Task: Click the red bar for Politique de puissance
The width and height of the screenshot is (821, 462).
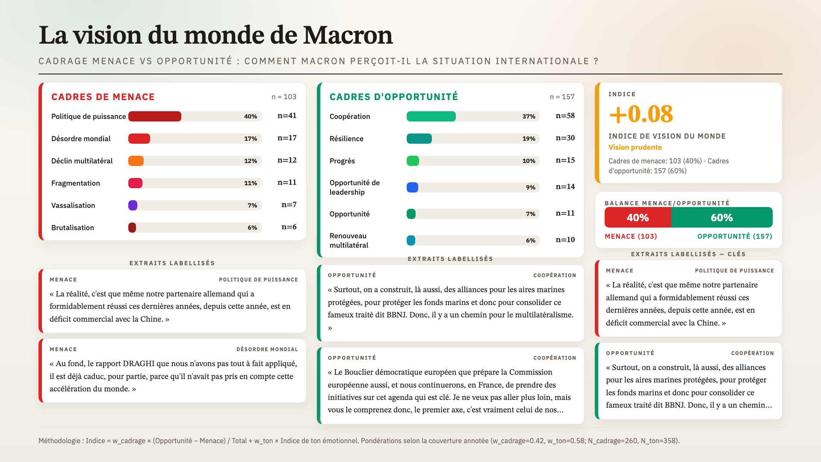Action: click(x=155, y=116)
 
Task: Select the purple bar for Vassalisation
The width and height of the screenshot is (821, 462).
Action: click(x=133, y=205)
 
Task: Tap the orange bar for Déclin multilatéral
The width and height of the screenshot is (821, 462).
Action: click(x=136, y=161)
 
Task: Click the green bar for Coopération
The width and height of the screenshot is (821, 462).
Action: click(x=431, y=116)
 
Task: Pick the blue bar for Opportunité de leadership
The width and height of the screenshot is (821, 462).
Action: click(x=412, y=187)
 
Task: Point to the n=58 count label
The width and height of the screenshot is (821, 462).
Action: click(x=565, y=115)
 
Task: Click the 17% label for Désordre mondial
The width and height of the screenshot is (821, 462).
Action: click(x=251, y=139)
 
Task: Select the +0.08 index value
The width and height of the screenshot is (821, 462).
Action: click(x=641, y=114)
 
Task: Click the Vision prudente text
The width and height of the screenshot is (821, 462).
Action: click(x=635, y=147)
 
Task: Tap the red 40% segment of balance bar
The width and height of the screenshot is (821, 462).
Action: click(x=638, y=217)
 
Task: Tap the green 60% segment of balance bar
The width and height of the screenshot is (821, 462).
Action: click(x=722, y=217)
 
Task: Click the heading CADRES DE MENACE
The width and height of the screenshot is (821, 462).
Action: click(x=103, y=97)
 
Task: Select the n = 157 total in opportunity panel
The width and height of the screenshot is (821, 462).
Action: click(x=562, y=97)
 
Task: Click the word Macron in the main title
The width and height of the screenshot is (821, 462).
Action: click(x=348, y=35)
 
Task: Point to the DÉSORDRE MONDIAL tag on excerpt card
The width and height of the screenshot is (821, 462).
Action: click(x=267, y=349)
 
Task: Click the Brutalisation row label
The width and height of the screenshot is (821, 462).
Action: click(x=73, y=228)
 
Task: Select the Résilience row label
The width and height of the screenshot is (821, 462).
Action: click(x=346, y=139)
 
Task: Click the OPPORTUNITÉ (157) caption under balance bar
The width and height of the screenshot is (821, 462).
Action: click(x=735, y=236)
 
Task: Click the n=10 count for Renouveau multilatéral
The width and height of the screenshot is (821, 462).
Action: click(x=565, y=240)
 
